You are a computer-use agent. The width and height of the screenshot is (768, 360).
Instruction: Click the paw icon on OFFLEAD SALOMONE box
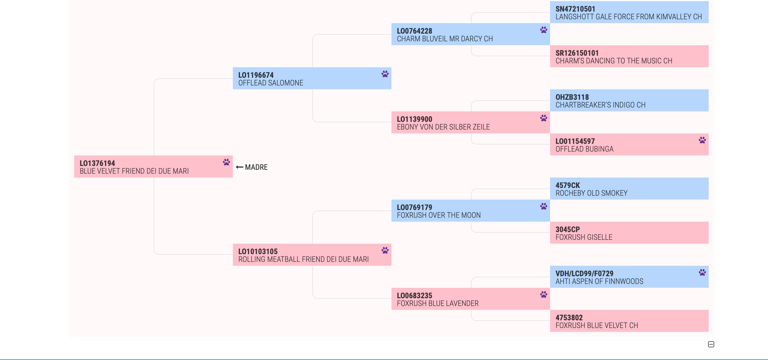[385, 74]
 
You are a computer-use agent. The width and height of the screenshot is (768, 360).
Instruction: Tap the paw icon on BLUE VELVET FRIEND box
[226, 162]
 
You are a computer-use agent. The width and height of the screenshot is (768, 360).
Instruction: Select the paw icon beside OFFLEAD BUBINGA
[702, 140]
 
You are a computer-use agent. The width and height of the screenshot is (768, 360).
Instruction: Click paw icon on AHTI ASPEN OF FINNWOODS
[702, 272]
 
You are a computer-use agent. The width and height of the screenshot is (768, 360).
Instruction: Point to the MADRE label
[256, 167]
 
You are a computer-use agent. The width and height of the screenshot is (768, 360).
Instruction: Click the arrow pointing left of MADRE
[239, 167]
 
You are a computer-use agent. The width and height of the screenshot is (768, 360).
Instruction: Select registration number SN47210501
[575, 9]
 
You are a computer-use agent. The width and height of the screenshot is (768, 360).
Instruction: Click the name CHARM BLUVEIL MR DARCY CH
[444, 39]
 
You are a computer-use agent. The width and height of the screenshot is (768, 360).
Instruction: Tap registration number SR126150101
[577, 53]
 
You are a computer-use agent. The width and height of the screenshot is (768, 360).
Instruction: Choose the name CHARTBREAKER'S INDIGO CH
[600, 105]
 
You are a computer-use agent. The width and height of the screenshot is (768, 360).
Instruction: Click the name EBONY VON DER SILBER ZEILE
[443, 127]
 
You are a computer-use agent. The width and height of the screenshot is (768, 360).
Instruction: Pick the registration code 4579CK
[568, 185]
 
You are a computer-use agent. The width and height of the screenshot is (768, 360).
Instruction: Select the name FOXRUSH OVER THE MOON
[439, 215]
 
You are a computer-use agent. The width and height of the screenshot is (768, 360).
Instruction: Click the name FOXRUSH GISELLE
[584, 237]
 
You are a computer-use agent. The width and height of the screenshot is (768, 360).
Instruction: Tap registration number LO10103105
[258, 251]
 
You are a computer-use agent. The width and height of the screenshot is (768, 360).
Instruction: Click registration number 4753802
[569, 318]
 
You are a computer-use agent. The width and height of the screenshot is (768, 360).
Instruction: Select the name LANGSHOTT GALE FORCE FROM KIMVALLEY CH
[628, 17]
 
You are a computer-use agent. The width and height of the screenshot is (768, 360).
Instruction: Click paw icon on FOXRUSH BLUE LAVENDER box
[543, 294]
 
